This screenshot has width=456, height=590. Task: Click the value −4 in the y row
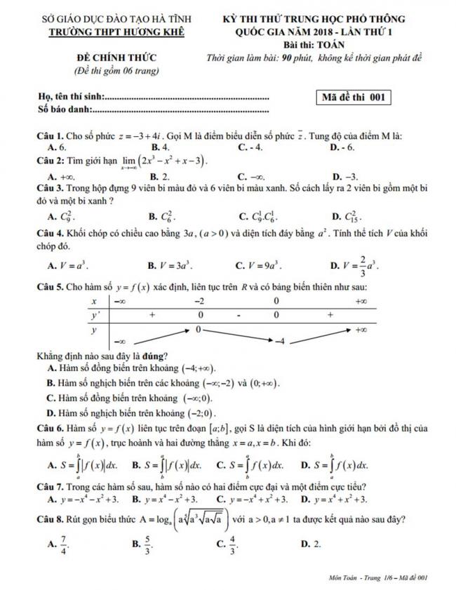(279, 341)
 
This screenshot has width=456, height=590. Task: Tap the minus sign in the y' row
(238, 316)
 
